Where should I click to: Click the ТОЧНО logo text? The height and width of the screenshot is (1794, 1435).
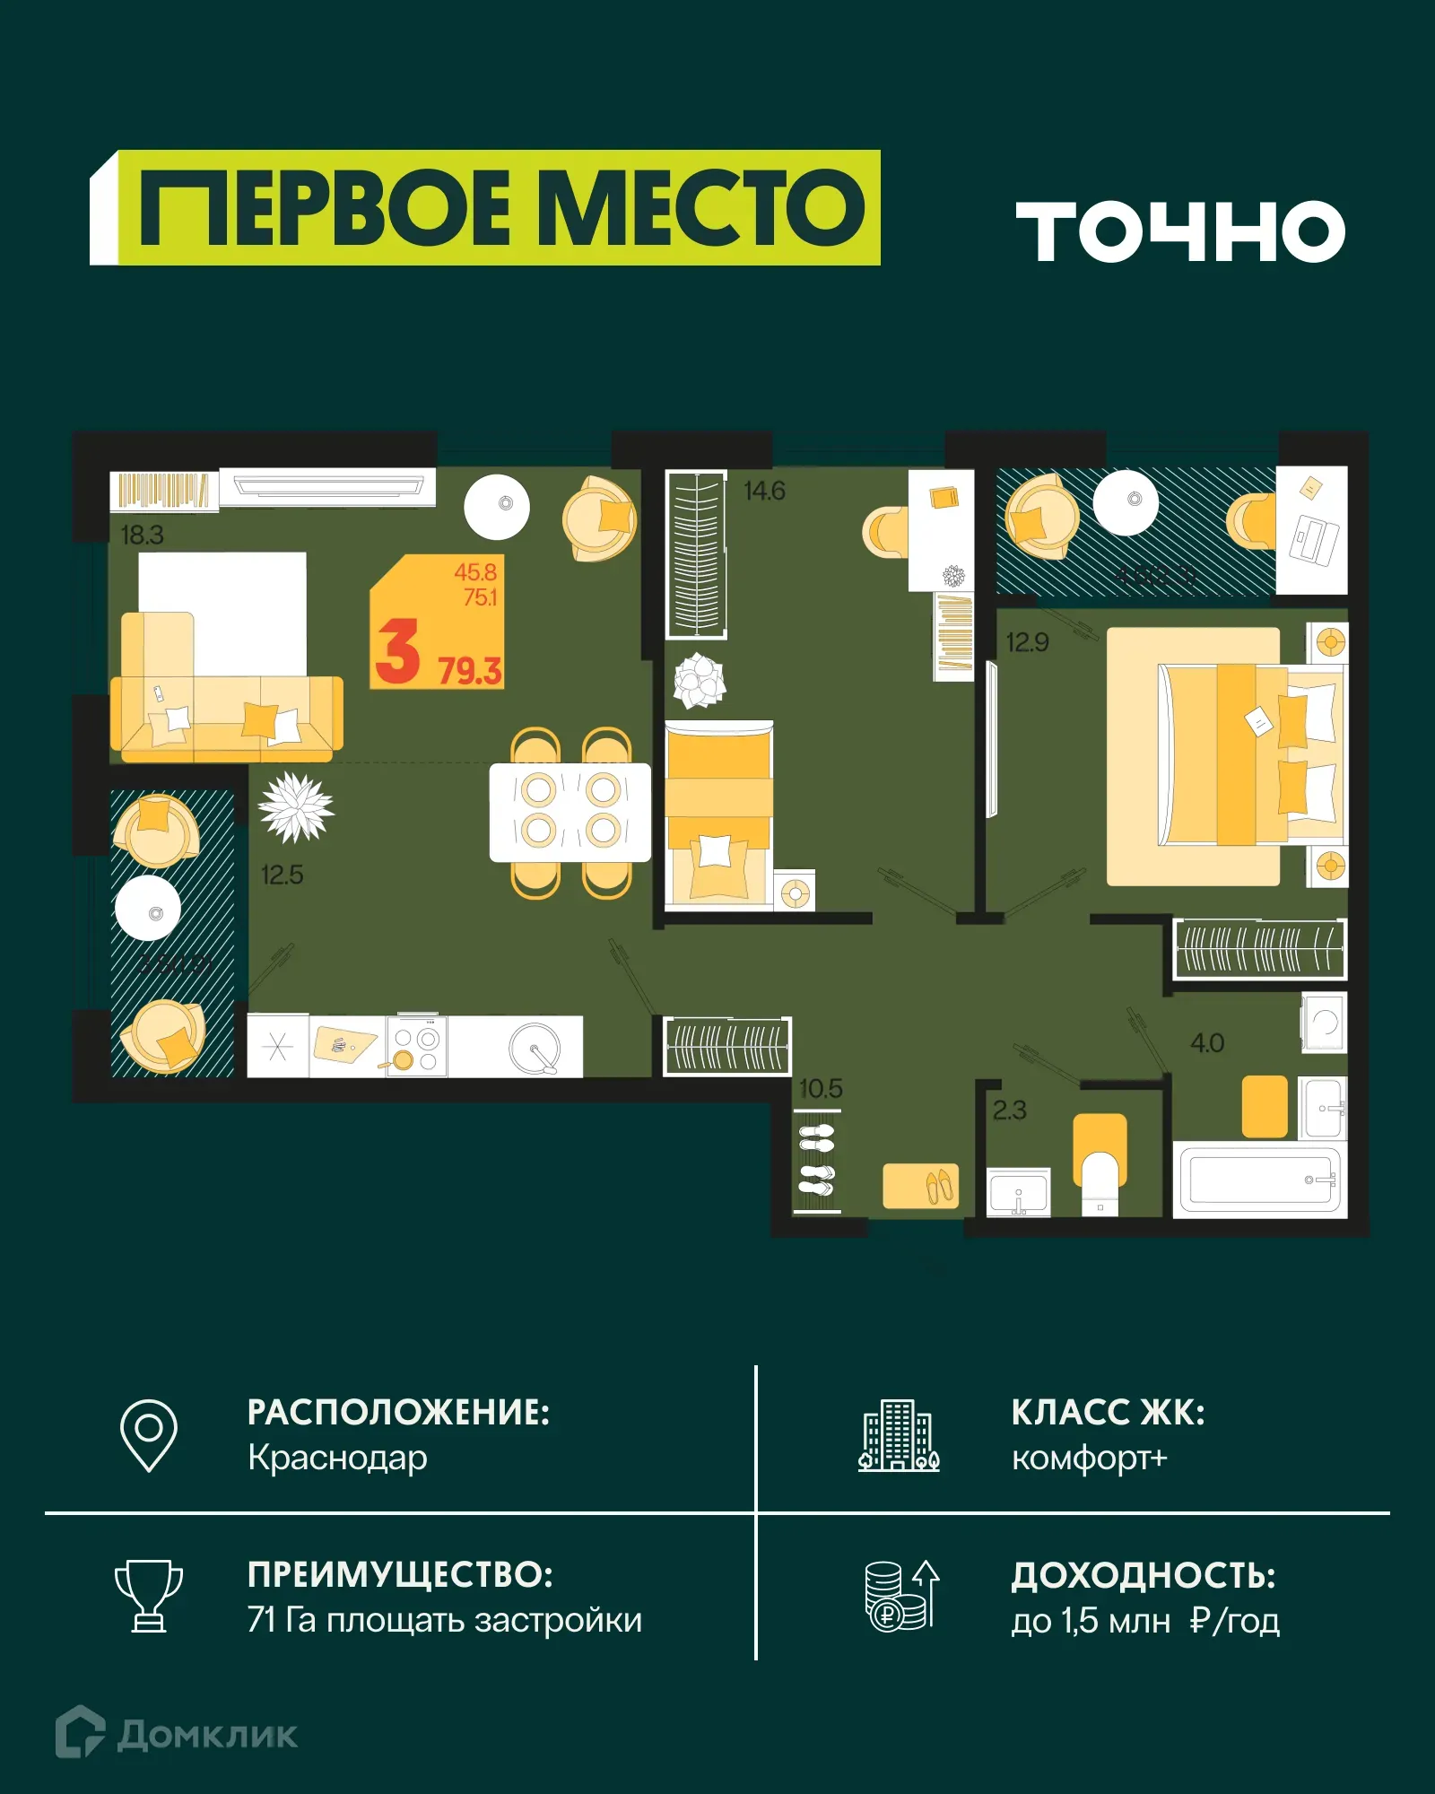click(x=1180, y=231)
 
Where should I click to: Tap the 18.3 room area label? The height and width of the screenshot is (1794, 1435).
click(x=142, y=536)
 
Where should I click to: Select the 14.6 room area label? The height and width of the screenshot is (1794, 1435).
click(x=764, y=491)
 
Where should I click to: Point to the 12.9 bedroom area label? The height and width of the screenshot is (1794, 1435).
click(x=1027, y=642)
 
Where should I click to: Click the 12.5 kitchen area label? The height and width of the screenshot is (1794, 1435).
click(x=282, y=875)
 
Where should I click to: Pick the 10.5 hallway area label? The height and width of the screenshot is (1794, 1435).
click(x=821, y=1089)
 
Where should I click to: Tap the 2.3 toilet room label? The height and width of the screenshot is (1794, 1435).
click(x=1009, y=1110)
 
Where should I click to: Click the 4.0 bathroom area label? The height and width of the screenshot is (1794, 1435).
click(x=1207, y=1043)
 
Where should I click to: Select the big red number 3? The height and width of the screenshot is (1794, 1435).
click(x=397, y=651)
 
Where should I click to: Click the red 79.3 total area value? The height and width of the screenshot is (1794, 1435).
click(x=469, y=671)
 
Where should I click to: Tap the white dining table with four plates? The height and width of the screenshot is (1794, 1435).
click(x=570, y=813)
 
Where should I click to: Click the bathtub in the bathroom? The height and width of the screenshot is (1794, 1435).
click(x=1259, y=1180)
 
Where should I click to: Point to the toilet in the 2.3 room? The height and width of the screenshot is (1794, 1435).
click(x=1100, y=1175)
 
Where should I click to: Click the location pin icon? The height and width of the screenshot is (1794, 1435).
click(x=149, y=1435)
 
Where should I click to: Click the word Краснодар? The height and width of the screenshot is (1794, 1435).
click(x=337, y=1459)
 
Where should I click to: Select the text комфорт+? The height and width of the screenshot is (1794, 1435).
click(x=1089, y=1459)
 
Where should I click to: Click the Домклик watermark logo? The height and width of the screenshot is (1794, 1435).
click(x=177, y=1735)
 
